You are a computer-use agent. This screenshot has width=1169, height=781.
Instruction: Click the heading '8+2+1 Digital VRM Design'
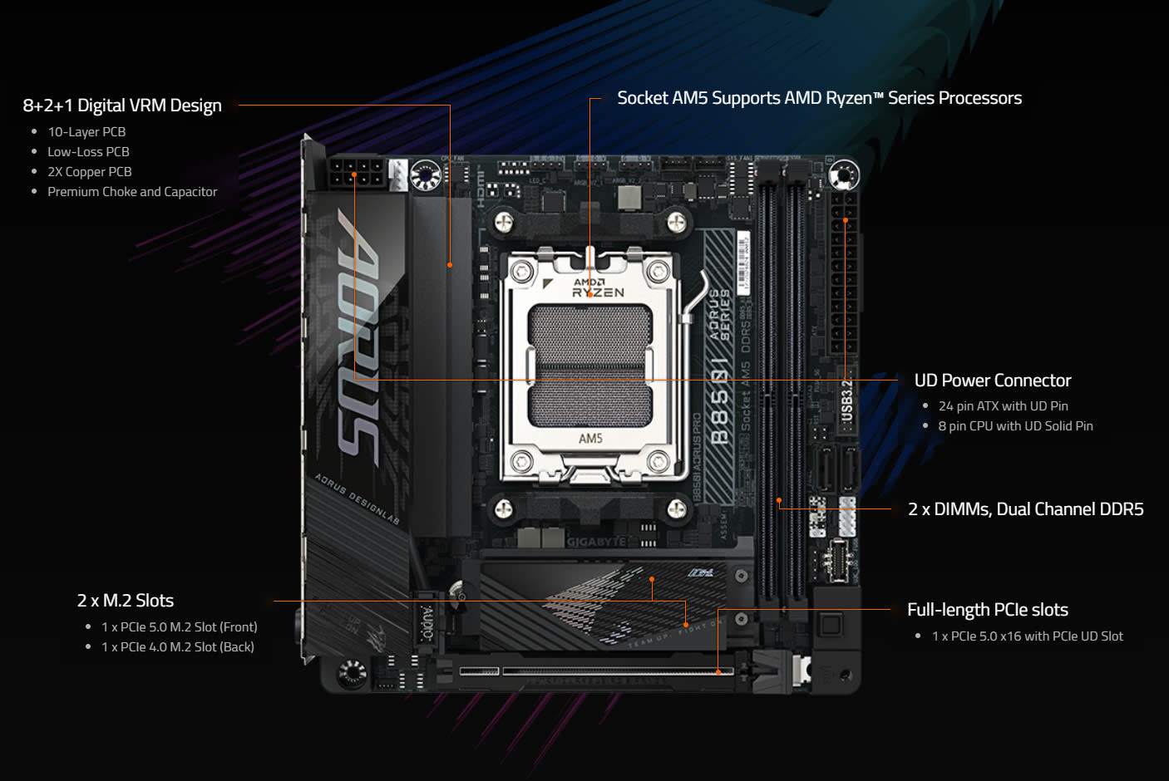[x=122, y=106]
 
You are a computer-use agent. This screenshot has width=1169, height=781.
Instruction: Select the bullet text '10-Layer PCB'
[x=86, y=132]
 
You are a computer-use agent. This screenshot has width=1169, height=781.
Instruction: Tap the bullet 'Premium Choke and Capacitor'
[x=132, y=192]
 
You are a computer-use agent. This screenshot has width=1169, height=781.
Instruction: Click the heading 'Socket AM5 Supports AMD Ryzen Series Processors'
[x=819, y=98]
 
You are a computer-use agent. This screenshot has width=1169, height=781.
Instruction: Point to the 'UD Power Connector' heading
[x=992, y=381]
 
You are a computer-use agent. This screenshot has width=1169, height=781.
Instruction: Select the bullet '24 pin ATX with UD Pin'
[x=1003, y=406]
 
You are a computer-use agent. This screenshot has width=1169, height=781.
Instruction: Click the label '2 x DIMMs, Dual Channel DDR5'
[x=1025, y=509]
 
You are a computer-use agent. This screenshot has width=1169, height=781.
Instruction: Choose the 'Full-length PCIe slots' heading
[x=987, y=610]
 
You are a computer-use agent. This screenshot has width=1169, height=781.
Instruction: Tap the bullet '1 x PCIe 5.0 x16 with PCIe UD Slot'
[x=1027, y=636]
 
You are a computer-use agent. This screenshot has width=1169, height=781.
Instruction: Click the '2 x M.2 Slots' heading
[x=126, y=601]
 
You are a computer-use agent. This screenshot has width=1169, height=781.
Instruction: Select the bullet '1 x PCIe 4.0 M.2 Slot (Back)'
[x=178, y=647]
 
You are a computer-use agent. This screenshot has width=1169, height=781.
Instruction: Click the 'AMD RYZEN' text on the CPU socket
[x=597, y=287]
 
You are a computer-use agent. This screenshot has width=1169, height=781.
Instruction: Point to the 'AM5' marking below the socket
[x=590, y=439]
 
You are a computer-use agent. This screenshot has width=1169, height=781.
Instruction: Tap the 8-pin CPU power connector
[x=355, y=172]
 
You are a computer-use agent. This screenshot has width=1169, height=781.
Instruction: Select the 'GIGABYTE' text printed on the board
[x=596, y=542]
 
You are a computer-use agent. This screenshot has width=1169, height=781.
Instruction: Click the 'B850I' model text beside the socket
[x=720, y=402]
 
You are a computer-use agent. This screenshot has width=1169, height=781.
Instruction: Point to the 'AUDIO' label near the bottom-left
[x=427, y=622]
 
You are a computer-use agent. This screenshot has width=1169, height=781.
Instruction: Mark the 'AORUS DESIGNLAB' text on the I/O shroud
[x=357, y=499]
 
